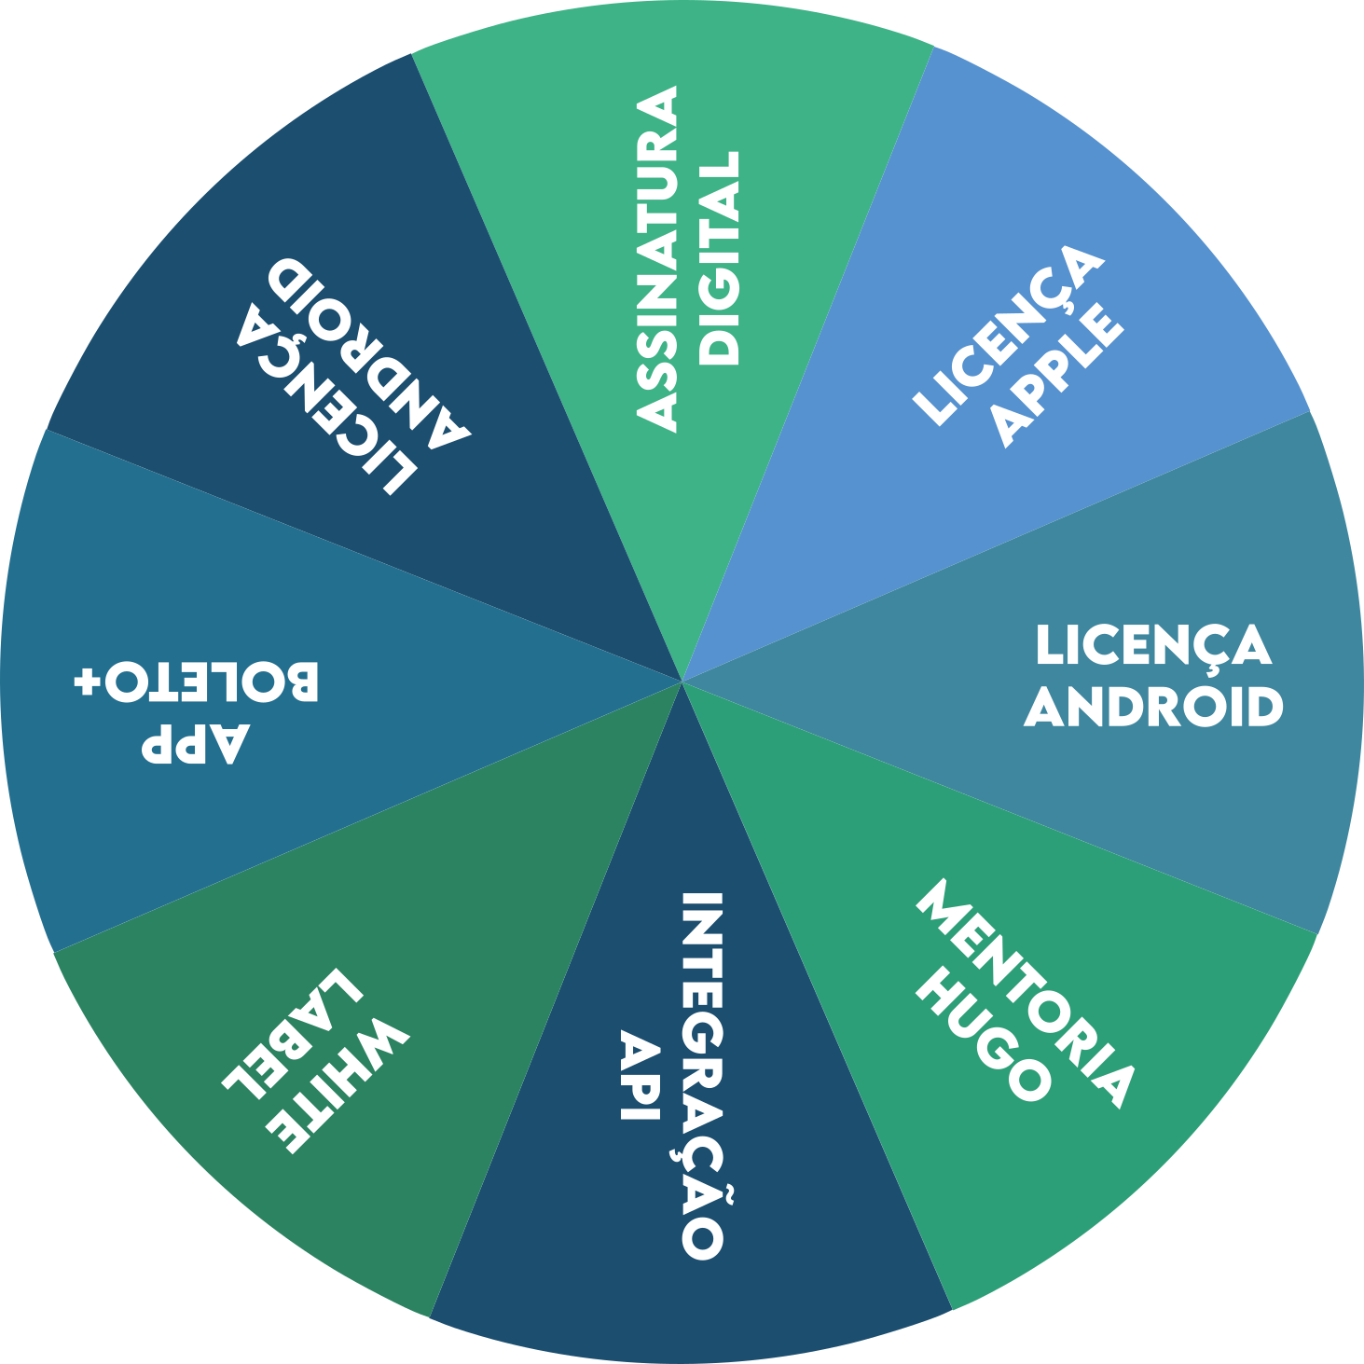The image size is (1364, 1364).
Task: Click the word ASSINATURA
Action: [657, 258]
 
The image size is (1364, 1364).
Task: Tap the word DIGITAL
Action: [720, 257]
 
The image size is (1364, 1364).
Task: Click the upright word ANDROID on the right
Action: [1154, 707]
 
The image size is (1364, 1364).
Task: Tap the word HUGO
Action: [984, 1035]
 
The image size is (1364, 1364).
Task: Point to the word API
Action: [641, 1075]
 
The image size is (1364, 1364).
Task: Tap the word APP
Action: [196, 744]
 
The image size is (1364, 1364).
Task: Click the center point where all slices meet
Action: [682, 682]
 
